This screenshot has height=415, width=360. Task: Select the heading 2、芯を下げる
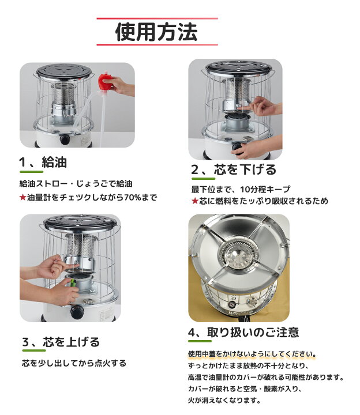pos(234,169)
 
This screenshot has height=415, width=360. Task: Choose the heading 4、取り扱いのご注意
pos(243,332)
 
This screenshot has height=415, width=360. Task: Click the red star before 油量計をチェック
pos(23,197)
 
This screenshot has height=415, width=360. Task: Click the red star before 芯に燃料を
pos(195,201)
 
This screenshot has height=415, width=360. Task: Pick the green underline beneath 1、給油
pos(32,172)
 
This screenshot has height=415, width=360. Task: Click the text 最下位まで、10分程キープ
pos(241,189)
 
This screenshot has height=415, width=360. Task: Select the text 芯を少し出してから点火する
pos(73,363)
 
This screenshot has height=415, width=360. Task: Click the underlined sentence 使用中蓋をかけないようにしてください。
pos(252,353)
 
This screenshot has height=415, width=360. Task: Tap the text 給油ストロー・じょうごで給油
pos(76,184)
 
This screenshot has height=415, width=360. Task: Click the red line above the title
pos(157,18)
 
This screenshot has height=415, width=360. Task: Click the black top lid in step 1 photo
pos(65,73)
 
